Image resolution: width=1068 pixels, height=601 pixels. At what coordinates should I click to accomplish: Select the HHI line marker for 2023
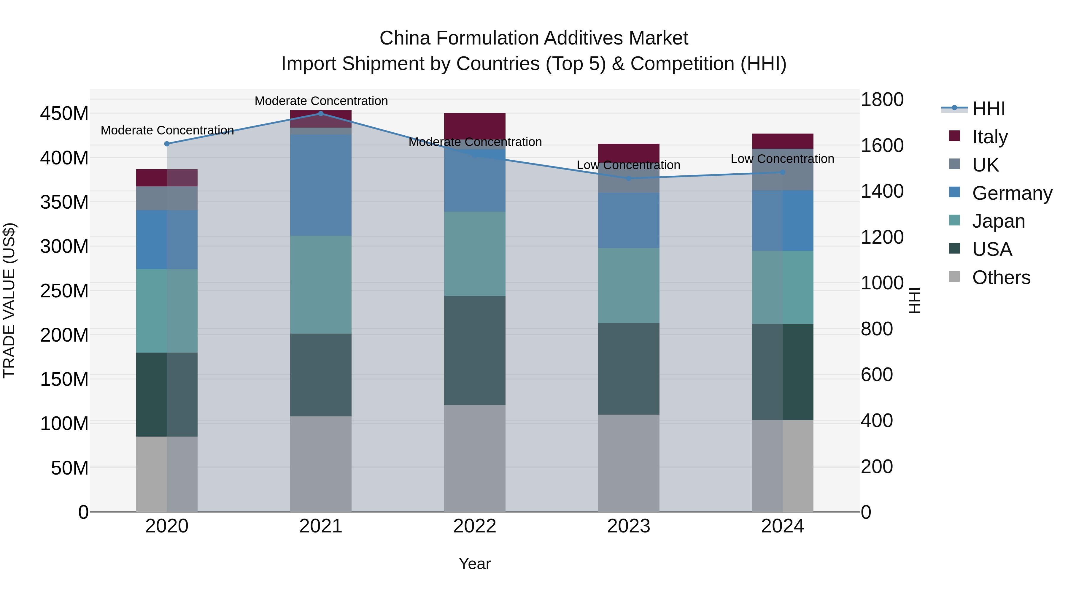coord(629,178)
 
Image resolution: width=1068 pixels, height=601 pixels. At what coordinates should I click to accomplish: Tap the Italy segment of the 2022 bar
coord(475,126)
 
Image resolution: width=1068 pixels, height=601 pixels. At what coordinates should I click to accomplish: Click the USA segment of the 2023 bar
coord(629,368)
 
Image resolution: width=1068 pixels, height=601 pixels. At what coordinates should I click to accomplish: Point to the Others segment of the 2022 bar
coord(475,458)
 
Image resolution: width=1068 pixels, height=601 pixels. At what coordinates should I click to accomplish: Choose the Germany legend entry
coord(1012,193)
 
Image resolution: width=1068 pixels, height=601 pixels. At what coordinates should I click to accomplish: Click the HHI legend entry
coord(988,109)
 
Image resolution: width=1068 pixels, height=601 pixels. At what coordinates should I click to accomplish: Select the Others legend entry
coord(1001,277)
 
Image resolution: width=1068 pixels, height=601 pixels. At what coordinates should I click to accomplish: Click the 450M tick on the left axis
coord(64,114)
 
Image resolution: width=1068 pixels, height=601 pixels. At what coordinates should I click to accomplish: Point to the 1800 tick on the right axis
coord(882,99)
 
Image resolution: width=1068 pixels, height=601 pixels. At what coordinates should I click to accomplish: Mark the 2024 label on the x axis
coord(782,526)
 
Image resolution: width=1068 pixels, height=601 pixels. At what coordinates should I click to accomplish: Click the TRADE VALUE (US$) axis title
coord(9,300)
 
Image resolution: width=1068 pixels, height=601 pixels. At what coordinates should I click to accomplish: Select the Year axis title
coord(475,564)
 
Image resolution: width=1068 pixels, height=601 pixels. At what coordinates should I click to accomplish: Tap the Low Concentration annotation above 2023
coord(629,165)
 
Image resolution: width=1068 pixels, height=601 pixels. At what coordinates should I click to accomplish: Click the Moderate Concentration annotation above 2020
coord(167,130)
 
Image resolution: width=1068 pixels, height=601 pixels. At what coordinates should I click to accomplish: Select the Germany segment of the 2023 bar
coord(629,220)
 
